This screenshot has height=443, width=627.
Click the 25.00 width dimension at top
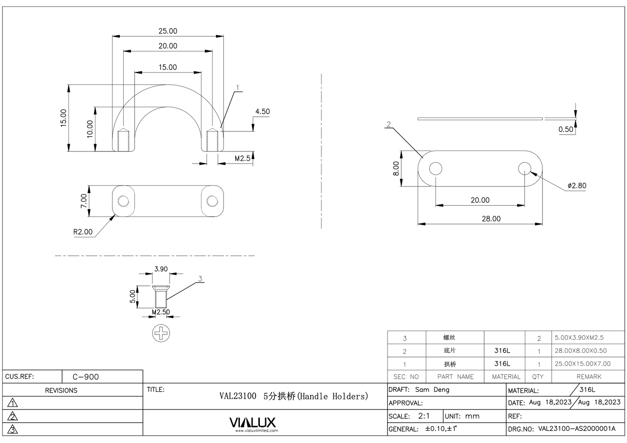coord(167,31)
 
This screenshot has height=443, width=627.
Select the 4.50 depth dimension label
coord(262,112)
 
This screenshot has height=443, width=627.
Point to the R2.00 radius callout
coord(82,232)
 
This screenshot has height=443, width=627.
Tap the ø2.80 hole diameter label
coord(577,186)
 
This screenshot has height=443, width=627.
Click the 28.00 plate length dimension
coord(491,219)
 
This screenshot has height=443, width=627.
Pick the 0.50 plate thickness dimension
coord(565,129)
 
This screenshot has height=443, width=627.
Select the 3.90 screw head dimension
coord(161,269)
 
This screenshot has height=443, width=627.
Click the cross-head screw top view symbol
coord(161,333)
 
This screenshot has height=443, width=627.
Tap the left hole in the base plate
coord(436,169)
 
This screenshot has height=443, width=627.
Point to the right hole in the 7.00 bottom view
coord(212,201)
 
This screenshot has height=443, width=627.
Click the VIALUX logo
coord(252,423)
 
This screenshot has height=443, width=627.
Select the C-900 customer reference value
coord(85,377)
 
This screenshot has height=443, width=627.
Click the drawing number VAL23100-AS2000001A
coord(577,429)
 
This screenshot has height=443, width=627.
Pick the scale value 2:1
coord(424,416)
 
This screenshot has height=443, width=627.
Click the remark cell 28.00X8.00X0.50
coord(581,351)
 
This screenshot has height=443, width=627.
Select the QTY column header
coord(538,377)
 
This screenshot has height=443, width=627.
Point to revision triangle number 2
coord(13,417)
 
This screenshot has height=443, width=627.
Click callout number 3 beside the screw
coord(200,279)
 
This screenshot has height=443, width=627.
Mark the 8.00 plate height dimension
coord(396,169)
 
